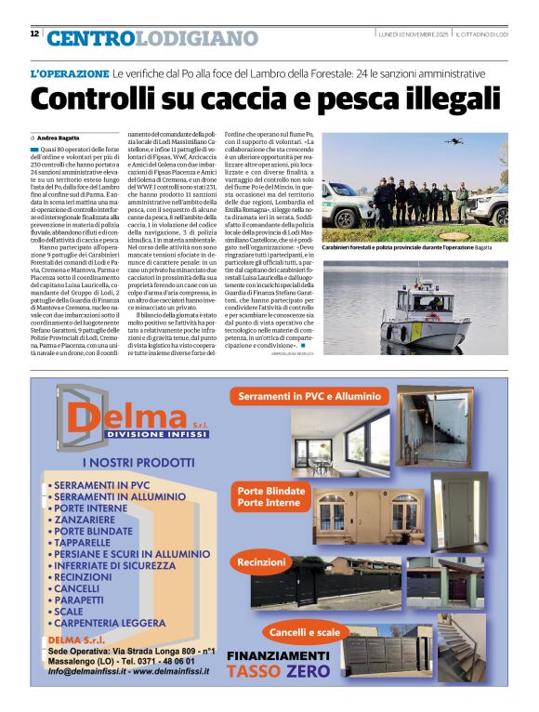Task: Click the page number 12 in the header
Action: (34, 34)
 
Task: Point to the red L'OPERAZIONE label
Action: (70, 73)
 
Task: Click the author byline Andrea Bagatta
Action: (59, 138)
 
